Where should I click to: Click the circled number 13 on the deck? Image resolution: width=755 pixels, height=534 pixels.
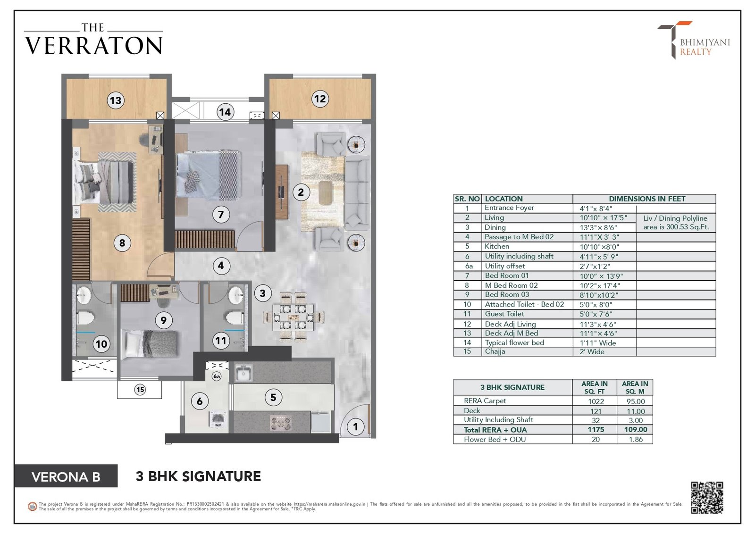coord(116,100)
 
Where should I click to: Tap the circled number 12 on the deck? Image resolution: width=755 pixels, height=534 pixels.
coord(319,99)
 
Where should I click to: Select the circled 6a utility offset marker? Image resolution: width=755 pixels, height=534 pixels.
coord(217,376)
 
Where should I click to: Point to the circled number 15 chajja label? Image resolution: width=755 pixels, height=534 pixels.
coord(140,390)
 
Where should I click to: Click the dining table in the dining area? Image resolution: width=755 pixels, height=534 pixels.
coord(294,317)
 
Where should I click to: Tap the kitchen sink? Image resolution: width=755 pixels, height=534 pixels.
coord(243,373)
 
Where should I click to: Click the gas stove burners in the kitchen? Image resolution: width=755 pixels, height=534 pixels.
coord(280,423)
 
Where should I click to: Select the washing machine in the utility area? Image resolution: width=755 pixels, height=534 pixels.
coord(218,419)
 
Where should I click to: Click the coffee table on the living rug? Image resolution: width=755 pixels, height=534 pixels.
coord(325,192)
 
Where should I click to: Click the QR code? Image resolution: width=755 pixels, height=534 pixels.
coord(707,498)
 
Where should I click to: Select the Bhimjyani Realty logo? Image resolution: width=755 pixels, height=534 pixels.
coord(693,40)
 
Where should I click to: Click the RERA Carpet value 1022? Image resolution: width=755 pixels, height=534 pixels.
coord(596,401)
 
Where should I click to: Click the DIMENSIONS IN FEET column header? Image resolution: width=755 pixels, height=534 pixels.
coord(647,199)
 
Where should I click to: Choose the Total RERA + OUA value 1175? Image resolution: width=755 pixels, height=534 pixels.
coord(596,430)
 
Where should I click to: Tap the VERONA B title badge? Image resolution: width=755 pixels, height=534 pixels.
coord(66,476)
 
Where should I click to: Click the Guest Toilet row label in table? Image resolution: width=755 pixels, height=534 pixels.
coord(504,314)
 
